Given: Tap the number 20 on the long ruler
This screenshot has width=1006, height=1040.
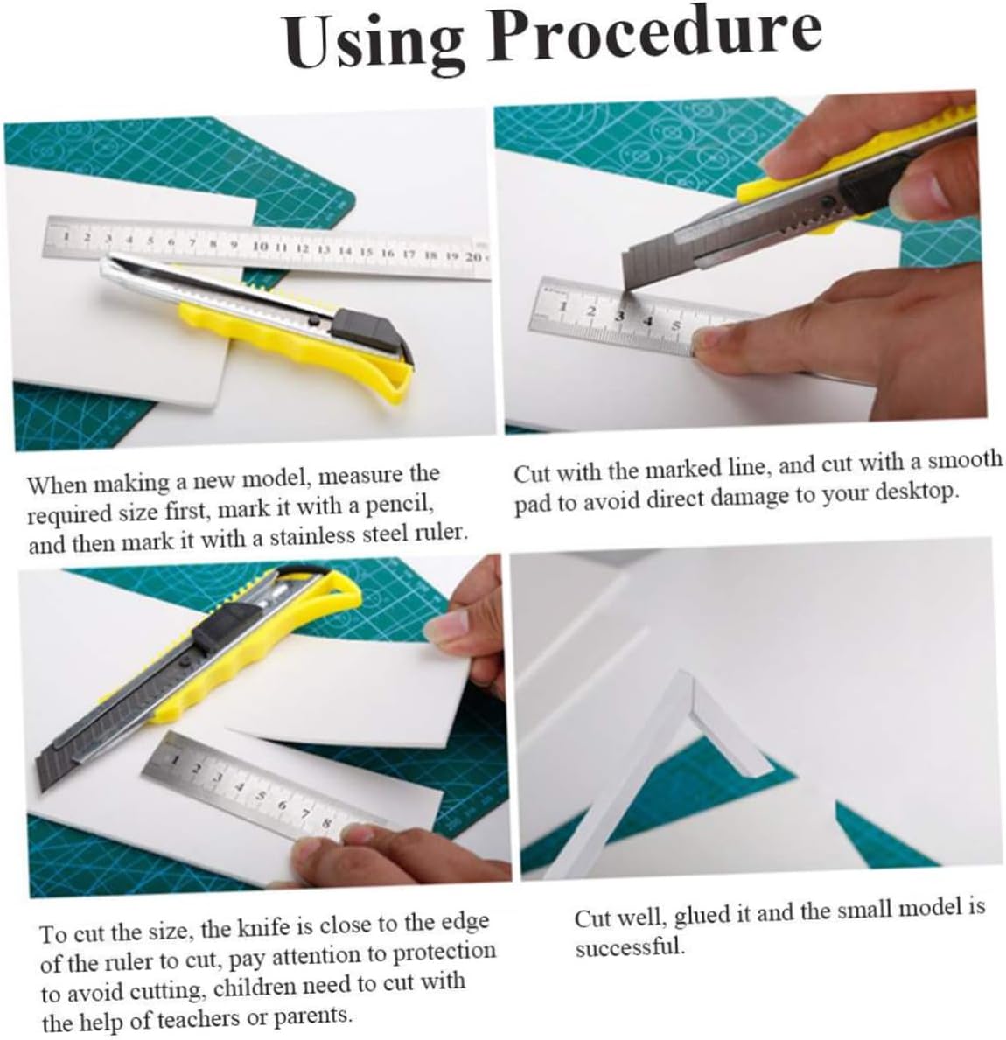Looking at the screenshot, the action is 473,256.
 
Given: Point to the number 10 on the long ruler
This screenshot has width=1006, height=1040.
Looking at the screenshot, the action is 262,246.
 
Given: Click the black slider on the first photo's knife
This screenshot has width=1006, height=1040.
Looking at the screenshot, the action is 372,331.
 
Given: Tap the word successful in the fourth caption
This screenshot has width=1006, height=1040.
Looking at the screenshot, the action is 630,946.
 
